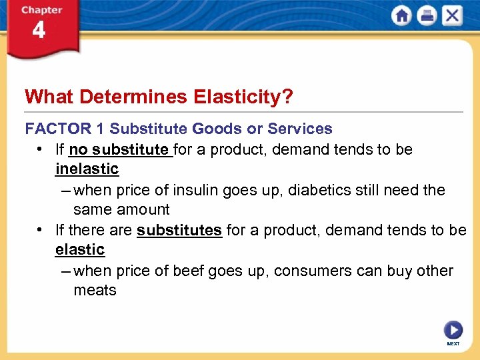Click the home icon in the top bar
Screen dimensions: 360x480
pyautogui.click(x=401, y=15)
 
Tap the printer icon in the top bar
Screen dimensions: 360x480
pyautogui.click(x=427, y=15)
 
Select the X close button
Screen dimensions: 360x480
pyautogui.click(x=452, y=15)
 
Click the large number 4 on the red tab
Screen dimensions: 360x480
pyautogui.click(x=39, y=31)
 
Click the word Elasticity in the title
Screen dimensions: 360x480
pyautogui.click(x=243, y=97)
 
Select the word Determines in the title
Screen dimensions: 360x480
pyautogui.click(x=133, y=97)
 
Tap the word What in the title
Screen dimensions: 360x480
pyautogui.click(x=49, y=97)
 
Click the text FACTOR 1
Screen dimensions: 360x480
pyautogui.click(x=65, y=129)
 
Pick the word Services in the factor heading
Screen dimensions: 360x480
pyautogui.click(x=299, y=129)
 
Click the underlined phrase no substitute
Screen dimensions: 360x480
pyautogui.click(x=119, y=149)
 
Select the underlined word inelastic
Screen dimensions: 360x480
pyautogui.click(x=87, y=169)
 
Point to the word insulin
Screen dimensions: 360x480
pyautogui.click(x=195, y=190)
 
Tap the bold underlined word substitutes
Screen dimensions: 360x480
pyautogui.click(x=179, y=230)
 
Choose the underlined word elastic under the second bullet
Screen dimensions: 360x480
pyautogui.click(x=80, y=250)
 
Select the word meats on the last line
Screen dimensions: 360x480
pyautogui.click(x=95, y=291)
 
